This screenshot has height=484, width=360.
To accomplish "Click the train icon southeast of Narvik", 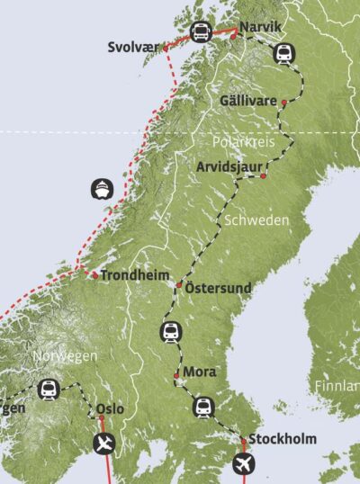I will pos(283,55).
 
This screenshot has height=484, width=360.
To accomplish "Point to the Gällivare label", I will pos(247,101).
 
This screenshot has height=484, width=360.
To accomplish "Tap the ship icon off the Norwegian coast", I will pos(102,190).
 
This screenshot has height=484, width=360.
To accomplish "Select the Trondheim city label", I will pos(135,275).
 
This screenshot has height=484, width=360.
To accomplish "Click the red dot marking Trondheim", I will pos(94,275).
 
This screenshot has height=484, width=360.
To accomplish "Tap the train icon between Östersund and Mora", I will pos(170,332).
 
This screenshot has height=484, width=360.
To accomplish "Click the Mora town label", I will pos(199,372).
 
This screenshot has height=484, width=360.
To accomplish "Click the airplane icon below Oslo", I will pos(105,443).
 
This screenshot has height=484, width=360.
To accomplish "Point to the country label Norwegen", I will pos(65,356).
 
